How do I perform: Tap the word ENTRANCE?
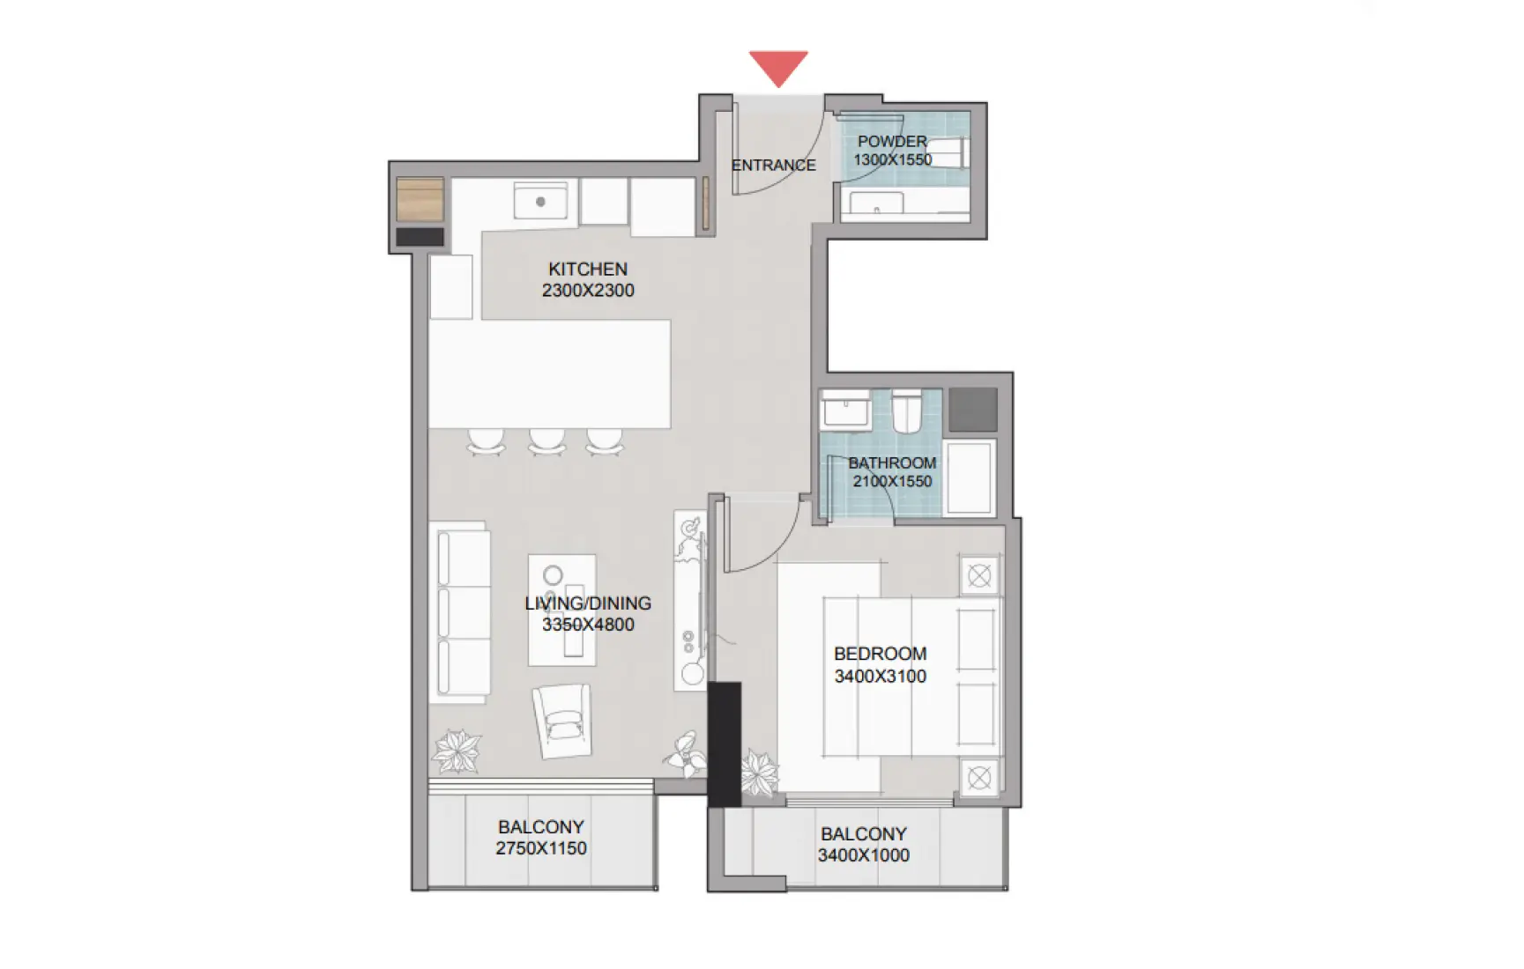tap(773, 166)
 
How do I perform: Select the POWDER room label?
tap(892, 141)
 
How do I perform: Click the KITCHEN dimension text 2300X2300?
tap(588, 291)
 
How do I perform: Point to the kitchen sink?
tap(540, 202)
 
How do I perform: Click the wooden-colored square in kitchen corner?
tap(420, 199)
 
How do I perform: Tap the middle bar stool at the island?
tap(546, 440)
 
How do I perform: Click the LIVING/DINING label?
tap(588, 603)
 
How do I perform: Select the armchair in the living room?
tap(561, 720)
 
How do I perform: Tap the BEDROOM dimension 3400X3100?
tap(880, 677)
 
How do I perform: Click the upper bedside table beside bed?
tap(979, 576)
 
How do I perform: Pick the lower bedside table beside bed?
tap(979, 778)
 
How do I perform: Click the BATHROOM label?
tap(892, 463)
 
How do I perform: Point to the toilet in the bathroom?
tap(906, 411)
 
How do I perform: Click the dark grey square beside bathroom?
tap(973, 410)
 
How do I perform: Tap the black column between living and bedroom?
tap(725, 744)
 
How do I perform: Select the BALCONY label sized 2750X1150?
tap(540, 827)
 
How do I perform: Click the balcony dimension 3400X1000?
tap(863, 855)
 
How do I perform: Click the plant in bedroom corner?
tap(758, 773)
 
